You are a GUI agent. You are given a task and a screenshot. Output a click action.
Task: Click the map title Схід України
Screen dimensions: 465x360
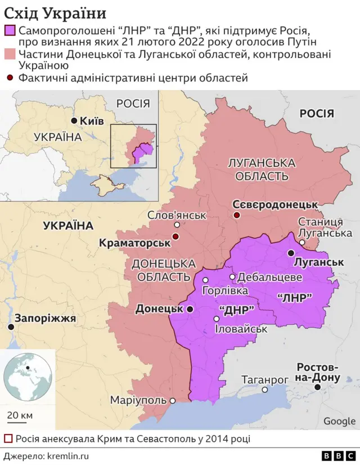[x=55, y=12]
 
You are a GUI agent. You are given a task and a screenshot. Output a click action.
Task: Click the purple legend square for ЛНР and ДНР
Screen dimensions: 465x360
[x=10, y=31]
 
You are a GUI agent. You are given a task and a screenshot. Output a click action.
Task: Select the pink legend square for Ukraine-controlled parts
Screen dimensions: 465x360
[x=10, y=54]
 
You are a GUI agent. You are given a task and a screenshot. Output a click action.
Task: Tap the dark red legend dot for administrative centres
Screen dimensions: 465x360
[x=10, y=78]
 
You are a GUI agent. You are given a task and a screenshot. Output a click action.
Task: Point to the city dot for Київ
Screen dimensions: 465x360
[x=74, y=121]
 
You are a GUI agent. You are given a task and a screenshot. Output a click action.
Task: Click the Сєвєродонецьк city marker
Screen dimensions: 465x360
[x=237, y=215]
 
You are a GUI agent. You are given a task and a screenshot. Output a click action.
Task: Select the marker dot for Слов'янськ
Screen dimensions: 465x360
[x=177, y=225]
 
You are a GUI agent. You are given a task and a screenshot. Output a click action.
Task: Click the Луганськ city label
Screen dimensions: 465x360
[x=319, y=262]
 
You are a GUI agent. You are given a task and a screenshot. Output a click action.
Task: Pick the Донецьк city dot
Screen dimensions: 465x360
[x=190, y=309]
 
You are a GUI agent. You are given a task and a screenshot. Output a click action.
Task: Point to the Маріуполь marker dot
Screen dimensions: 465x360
[x=173, y=401]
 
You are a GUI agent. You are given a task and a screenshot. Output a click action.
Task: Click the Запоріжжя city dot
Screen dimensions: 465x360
[x=10, y=327]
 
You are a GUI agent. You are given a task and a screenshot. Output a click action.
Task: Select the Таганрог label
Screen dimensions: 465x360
[x=265, y=380]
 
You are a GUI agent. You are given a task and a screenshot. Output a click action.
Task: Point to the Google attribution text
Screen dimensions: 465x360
[x=339, y=421]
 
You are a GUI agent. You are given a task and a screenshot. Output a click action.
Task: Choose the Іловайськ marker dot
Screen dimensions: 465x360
[x=216, y=319]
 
